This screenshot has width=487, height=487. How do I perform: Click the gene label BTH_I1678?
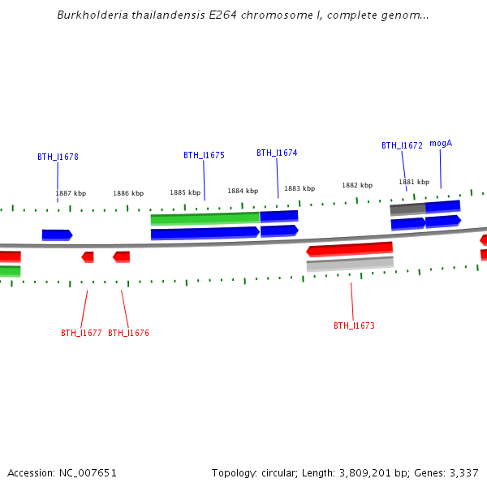58,157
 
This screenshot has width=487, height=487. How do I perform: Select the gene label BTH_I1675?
204,155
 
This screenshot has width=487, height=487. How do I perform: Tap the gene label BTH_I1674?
277,153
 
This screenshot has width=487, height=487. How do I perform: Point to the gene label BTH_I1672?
402,146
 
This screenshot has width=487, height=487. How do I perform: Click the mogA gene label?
441,144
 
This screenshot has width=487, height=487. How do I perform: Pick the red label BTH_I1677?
81,333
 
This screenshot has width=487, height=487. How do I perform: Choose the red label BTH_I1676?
128,333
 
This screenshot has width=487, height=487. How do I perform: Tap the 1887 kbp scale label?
71,193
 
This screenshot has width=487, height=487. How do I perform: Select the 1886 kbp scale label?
128,193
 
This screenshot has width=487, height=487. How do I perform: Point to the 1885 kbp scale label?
185,192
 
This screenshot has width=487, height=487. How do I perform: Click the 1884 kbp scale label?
243,191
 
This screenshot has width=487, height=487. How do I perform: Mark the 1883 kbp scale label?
300,188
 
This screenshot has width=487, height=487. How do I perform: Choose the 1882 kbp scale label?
357,185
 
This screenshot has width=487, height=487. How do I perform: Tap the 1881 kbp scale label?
414,182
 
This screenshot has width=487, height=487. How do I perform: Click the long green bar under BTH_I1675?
205,218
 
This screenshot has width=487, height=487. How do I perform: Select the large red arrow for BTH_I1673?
350,248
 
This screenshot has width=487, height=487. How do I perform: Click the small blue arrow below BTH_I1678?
57,235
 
